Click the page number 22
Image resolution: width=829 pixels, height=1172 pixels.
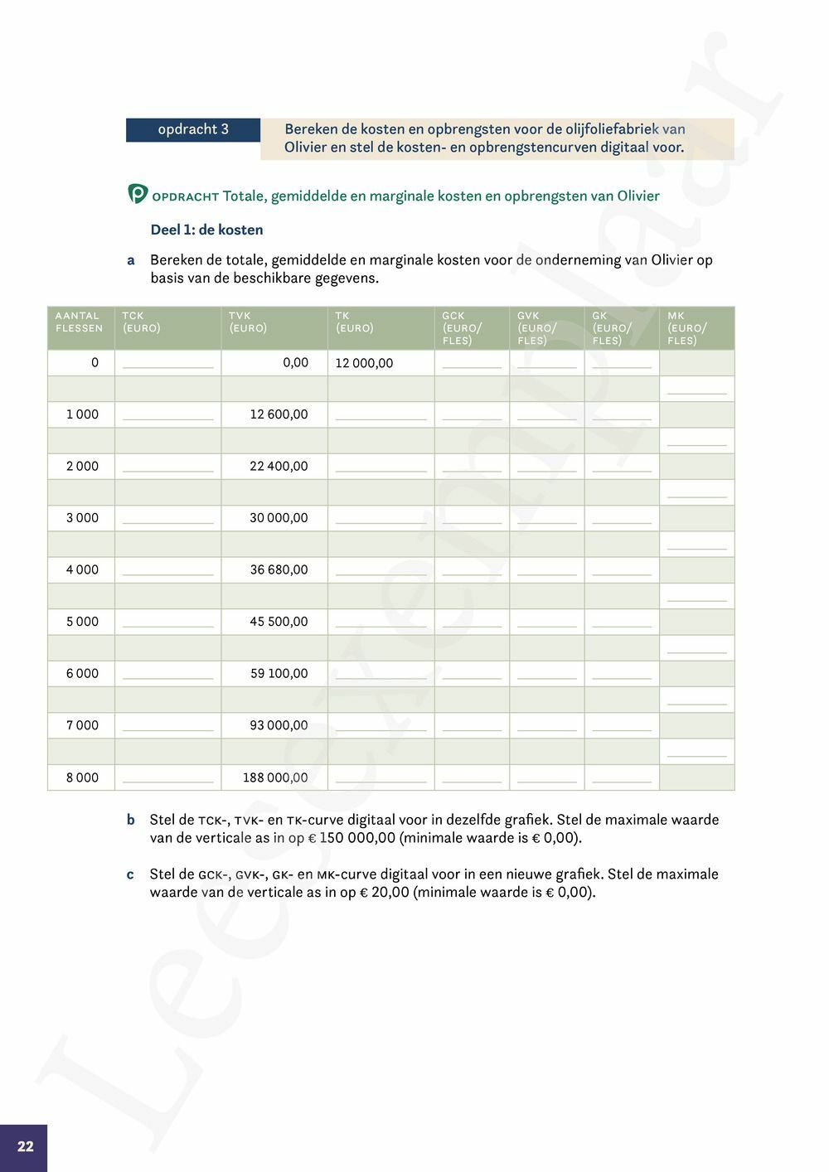[x=26, y=1146]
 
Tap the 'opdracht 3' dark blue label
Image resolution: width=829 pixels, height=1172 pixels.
[x=193, y=129]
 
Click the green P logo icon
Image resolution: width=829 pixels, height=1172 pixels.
[x=138, y=194]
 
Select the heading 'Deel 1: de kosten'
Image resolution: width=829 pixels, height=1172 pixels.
[x=206, y=230]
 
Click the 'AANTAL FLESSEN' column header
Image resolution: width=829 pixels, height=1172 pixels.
[x=80, y=322]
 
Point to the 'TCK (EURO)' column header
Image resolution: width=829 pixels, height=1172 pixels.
[x=142, y=322]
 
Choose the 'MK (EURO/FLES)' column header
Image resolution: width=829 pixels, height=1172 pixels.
[x=687, y=327]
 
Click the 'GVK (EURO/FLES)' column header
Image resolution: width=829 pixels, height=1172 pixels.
[x=537, y=327]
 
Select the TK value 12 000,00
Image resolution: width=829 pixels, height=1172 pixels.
[x=364, y=363]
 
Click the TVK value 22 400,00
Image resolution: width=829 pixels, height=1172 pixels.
[x=279, y=466]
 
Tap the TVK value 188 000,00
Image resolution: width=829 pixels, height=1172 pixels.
[x=275, y=777]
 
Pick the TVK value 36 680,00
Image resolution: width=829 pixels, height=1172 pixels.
[x=279, y=569]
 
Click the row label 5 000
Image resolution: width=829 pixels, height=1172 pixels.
[x=82, y=622]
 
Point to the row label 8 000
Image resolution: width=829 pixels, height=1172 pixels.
[x=82, y=777]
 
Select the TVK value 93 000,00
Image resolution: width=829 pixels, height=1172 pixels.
[x=279, y=725]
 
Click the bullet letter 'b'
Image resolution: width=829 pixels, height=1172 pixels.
[x=131, y=820]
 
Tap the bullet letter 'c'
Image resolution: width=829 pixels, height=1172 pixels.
[x=131, y=874]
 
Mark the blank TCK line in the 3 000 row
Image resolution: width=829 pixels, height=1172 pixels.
[x=167, y=522]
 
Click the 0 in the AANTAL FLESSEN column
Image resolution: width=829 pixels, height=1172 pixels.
[x=95, y=362]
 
